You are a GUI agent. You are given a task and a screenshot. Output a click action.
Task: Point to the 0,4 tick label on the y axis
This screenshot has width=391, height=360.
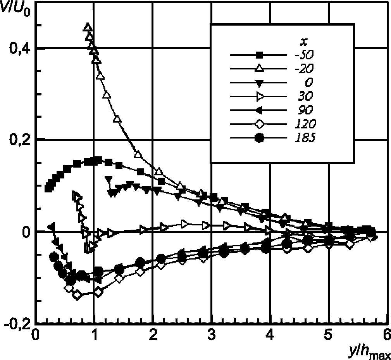18,48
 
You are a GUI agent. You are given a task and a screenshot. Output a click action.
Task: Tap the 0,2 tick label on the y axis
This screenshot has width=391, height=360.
18,140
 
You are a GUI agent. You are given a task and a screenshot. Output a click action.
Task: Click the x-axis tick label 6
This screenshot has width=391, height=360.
387,334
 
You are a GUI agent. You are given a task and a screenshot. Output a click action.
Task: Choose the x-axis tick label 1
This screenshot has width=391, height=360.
94,334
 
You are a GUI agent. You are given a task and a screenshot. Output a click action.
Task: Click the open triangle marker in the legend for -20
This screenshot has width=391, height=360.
259,69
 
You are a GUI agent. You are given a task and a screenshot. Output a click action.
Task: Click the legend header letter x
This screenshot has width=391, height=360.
305,40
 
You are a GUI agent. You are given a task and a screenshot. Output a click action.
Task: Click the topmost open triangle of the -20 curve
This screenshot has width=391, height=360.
88,27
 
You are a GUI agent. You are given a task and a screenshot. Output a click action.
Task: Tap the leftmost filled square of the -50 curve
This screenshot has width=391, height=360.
48,189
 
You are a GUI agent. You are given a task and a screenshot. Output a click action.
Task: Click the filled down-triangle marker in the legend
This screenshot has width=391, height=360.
259,83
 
